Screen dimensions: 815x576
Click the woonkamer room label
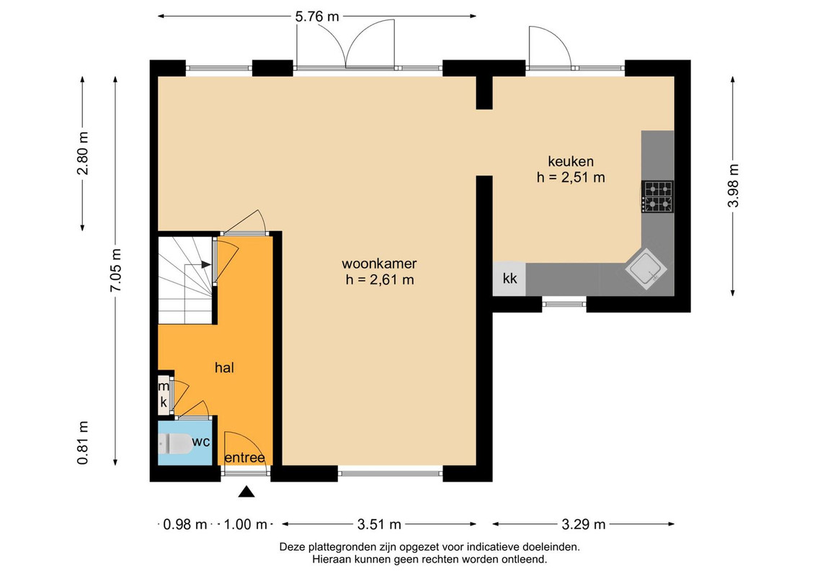379,264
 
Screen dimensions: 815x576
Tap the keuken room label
571,161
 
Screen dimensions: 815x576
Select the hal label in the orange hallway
225,368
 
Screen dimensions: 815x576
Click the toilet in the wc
174,444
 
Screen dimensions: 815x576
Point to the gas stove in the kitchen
657,197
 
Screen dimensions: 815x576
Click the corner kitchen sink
646,269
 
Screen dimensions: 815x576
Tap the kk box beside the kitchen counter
509,279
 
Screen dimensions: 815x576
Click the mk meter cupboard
164,395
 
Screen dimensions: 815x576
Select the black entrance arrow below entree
246,491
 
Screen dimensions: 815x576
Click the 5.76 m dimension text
317,17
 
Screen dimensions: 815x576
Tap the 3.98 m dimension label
733,186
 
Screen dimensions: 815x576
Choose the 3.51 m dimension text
379,525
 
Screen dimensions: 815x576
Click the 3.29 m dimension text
583,525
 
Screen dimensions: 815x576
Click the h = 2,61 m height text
380,280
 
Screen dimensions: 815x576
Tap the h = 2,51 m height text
571,177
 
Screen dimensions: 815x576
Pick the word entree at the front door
245,458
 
